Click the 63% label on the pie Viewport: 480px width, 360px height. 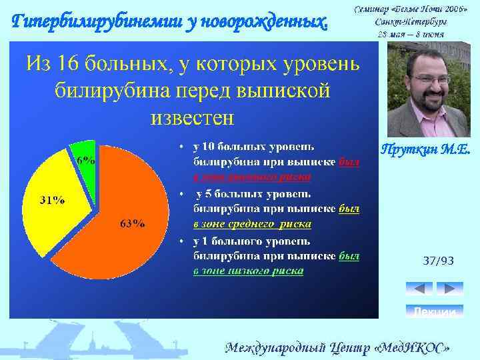tap(133, 223)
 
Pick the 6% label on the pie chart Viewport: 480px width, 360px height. tap(85, 161)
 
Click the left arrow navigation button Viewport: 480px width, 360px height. tap(419, 289)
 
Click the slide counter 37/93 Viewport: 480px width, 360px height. tap(438, 261)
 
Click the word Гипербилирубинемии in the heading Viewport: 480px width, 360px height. tap(83, 21)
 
